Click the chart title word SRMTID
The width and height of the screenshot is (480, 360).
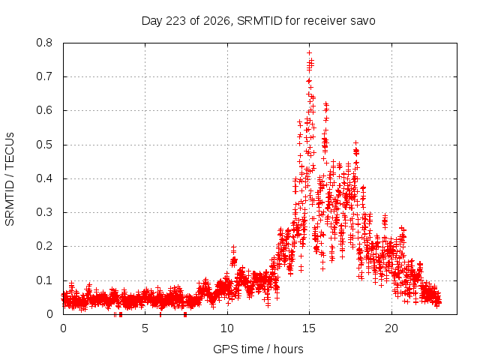coord(259,21)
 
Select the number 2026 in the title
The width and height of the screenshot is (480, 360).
coord(217,21)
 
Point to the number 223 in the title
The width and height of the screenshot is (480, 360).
coord(175,21)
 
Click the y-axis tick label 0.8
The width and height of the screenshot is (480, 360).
coord(44,43)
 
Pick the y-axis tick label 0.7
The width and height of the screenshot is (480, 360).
coord(44,76)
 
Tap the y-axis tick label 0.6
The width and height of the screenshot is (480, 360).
coord(44,110)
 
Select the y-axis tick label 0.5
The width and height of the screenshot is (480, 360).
coord(44,145)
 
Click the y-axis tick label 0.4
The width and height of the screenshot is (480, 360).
coord(44,178)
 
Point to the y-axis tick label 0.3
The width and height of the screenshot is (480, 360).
coord(44,212)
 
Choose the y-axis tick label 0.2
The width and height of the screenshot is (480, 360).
coord(44,246)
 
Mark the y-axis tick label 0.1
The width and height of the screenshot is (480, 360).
coord(44,280)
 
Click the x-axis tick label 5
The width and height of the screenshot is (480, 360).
coord(145,328)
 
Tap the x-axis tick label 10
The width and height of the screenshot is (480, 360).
coord(227,328)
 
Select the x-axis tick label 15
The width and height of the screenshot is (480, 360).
coord(309,328)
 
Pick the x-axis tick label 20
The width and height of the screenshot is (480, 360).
coord(391,328)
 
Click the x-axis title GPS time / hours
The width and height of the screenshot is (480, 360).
coord(258,349)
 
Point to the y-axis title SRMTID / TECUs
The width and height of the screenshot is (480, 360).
coord(10,179)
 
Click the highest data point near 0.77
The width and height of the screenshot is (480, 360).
coord(309,53)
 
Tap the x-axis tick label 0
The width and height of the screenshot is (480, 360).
coord(63,328)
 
